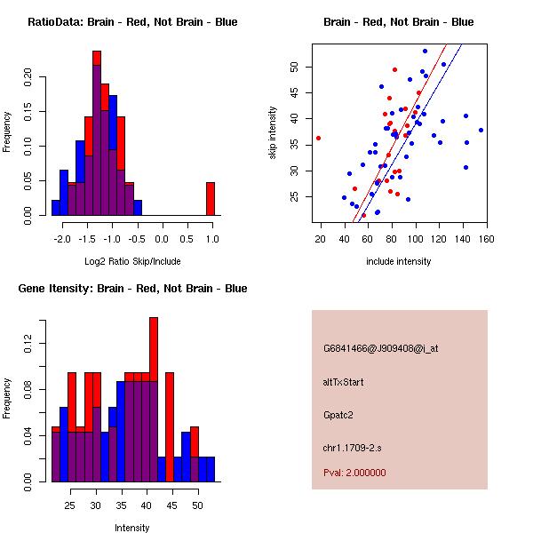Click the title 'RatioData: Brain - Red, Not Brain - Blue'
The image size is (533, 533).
132,22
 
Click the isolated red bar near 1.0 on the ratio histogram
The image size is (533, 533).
211,198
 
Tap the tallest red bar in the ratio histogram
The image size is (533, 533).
97,58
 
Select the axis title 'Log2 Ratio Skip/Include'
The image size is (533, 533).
132,261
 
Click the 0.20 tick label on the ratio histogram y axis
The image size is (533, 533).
28,76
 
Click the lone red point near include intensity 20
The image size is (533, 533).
318,138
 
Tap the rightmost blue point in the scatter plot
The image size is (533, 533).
481,130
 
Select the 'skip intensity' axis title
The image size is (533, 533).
273,133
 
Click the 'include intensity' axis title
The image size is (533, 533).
398,261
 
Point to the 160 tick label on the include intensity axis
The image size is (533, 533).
486,238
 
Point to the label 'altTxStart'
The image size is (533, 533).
344,381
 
